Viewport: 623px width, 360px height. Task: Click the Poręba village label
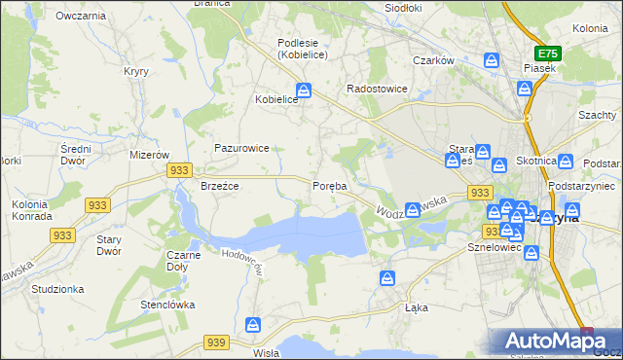pos(329,186)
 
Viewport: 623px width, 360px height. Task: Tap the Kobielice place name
pos(275,99)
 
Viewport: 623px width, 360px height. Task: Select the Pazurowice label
pos(241,148)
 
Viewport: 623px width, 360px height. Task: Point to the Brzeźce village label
pos(219,186)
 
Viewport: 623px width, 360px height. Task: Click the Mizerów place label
pos(150,155)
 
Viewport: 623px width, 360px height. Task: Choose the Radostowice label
pos(378,89)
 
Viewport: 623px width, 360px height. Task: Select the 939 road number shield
pos(216,342)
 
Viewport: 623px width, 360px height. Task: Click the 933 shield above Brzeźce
pos(178,169)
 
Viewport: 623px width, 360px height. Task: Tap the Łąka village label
pos(417,306)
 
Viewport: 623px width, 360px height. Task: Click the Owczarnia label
pos(80,17)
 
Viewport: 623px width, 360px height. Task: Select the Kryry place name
pos(135,71)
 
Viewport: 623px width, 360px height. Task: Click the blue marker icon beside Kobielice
pos(305,91)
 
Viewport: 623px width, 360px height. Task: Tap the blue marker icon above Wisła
pos(254,325)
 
